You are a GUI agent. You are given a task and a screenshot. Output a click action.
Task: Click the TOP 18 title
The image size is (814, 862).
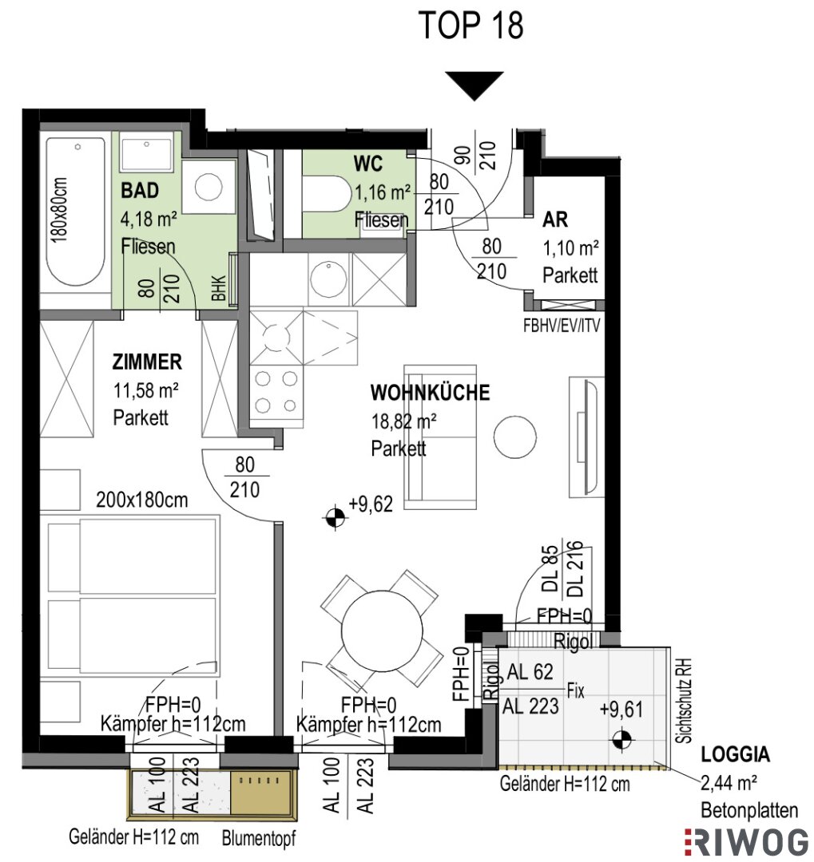[x=471, y=26]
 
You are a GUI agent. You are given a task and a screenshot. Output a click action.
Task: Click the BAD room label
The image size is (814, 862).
[x=140, y=191]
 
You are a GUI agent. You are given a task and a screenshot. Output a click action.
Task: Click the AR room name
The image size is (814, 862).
[x=554, y=219]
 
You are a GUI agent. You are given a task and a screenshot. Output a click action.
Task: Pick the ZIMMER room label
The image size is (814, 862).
[x=147, y=362]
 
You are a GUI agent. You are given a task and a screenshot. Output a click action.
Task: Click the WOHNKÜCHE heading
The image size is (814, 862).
[x=430, y=393]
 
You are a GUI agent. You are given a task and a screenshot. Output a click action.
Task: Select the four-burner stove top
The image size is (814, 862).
[x=276, y=393]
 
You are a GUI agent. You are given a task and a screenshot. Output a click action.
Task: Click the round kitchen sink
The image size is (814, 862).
[x=328, y=279]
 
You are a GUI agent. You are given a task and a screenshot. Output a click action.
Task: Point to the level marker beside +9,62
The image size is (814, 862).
[x=336, y=517]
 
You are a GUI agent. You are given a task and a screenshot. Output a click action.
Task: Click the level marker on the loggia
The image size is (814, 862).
[x=622, y=740]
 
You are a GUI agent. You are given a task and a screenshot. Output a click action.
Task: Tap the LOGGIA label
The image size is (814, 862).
[x=735, y=754]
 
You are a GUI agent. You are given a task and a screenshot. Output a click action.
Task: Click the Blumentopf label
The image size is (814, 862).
[x=259, y=838]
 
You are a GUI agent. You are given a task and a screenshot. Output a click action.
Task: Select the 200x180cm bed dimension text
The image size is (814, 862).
[x=142, y=500]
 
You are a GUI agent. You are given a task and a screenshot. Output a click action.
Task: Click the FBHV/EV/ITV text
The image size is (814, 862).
[x=562, y=326]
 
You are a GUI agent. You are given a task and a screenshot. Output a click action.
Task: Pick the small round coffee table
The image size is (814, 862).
[x=514, y=436]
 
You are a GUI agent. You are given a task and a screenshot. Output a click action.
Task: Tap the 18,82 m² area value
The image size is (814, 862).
[x=404, y=421]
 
